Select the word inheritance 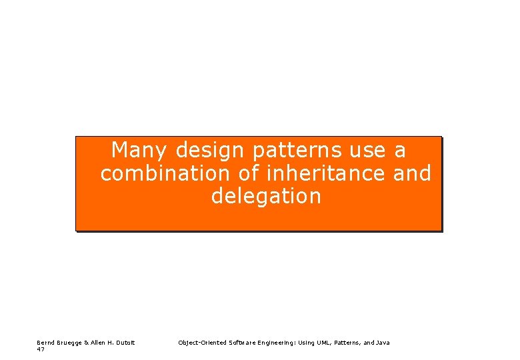(325, 173)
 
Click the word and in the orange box (412, 173)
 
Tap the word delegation (266, 196)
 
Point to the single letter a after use (400, 151)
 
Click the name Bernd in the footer (46, 343)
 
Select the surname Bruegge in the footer (70, 343)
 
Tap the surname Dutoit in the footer (125, 343)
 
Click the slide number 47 (41, 349)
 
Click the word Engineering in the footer (277, 343)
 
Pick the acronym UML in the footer (321, 343)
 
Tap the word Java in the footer (383, 343)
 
